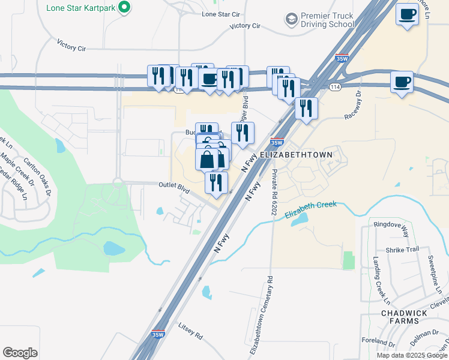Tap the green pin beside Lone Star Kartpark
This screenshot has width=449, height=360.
124,8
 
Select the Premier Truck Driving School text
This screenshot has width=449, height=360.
327,20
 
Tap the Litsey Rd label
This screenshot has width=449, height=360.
190,329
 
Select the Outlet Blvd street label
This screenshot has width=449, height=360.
174,187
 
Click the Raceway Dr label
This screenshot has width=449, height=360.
352,104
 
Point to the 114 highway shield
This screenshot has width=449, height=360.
335,87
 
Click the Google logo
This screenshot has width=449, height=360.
20,352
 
